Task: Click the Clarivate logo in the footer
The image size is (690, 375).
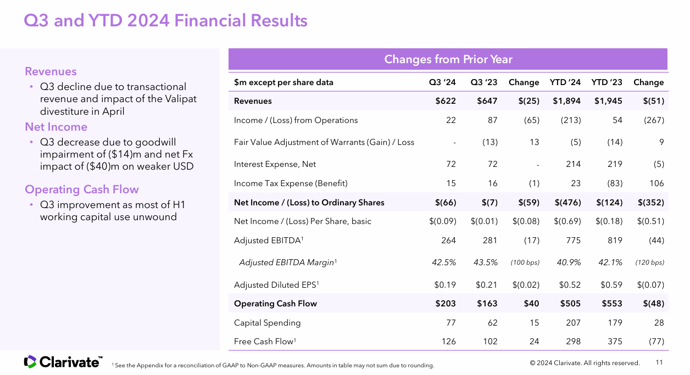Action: [x=63, y=362]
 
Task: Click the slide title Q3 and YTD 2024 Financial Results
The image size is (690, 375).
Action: [x=165, y=20]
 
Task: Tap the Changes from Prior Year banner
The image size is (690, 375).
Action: [x=448, y=59]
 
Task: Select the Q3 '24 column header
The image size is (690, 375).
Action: [x=442, y=82]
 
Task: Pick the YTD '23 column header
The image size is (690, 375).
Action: [x=606, y=82]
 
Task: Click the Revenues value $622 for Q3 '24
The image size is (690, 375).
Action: [x=446, y=101]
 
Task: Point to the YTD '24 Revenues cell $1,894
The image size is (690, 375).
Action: [x=566, y=101]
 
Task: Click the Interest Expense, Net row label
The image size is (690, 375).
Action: [x=275, y=164]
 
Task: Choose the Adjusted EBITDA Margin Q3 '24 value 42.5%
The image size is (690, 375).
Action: [x=444, y=262]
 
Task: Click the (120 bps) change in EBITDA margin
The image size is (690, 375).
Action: [x=649, y=262]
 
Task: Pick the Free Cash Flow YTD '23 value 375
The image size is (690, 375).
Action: [x=615, y=342]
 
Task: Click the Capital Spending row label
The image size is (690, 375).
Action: [x=267, y=323]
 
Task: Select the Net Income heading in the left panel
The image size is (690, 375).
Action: [x=56, y=127]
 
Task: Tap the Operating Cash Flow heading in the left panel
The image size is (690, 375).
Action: [x=82, y=189]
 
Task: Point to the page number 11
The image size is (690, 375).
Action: [x=660, y=362]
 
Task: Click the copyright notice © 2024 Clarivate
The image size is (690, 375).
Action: [x=585, y=363]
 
